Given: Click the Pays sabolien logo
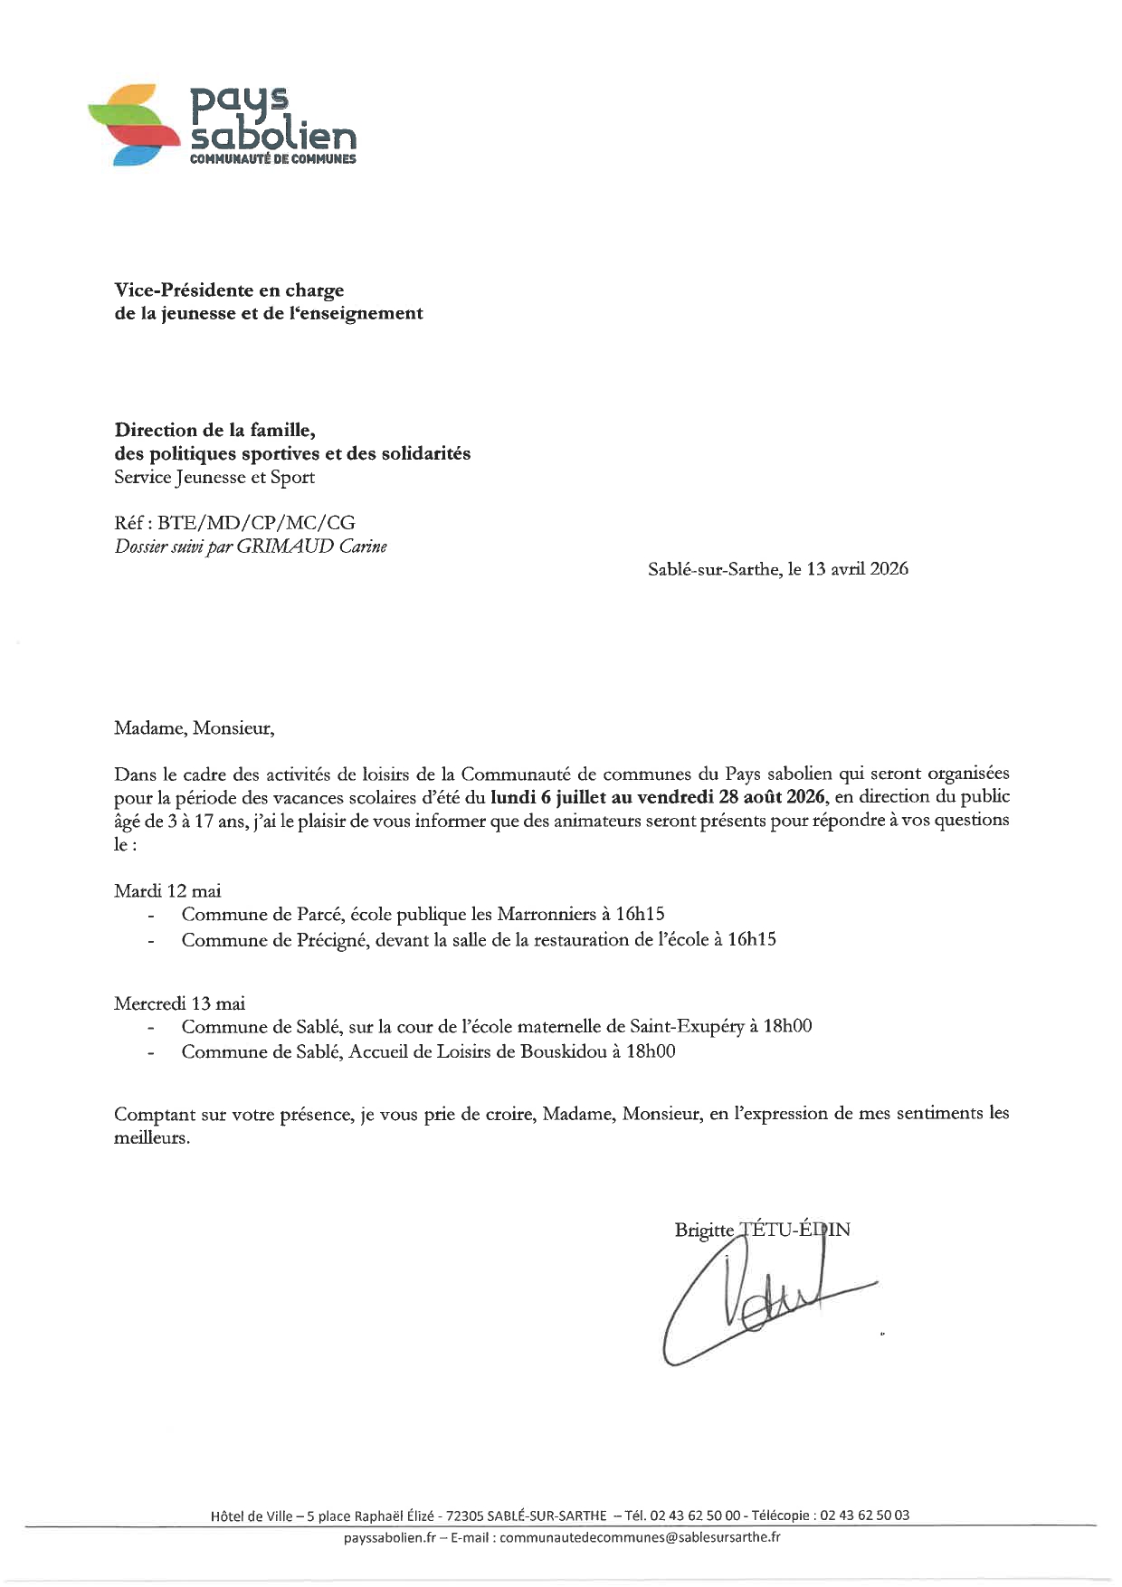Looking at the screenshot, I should click(223, 125).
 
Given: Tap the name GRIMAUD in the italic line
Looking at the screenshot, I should click(285, 546).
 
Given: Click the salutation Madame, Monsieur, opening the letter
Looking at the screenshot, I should click(194, 728).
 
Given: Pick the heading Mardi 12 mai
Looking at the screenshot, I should click(167, 891).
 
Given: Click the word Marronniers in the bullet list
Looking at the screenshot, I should click(547, 915).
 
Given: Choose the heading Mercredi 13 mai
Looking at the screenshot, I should click(179, 1003).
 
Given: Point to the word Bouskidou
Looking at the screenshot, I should click(563, 1051).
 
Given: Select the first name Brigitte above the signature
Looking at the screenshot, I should click(704, 1230).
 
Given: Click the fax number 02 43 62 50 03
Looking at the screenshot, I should click(864, 1516).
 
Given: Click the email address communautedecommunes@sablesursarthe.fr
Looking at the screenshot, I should click(640, 1537).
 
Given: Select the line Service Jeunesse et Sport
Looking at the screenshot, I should click(214, 478).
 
